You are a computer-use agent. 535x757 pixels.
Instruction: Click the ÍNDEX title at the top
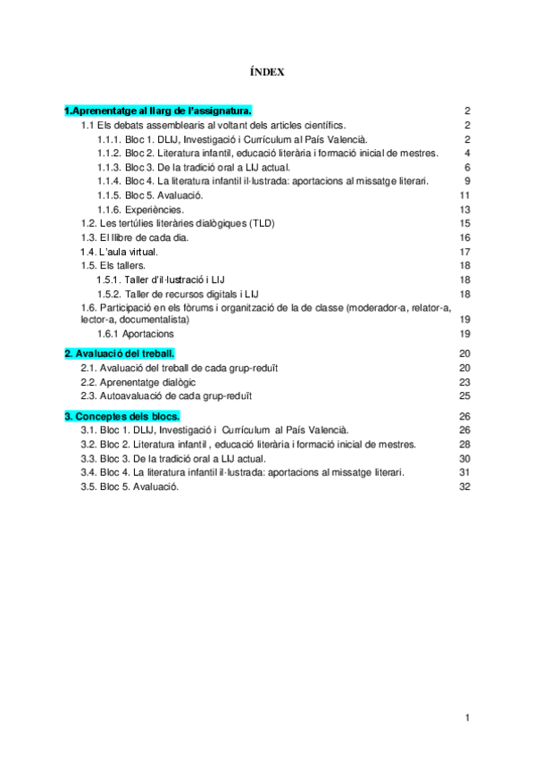pos(268,72)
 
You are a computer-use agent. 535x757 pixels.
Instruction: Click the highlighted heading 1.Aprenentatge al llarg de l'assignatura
pos(158,111)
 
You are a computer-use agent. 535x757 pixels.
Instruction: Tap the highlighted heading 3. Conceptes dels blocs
pos(122,416)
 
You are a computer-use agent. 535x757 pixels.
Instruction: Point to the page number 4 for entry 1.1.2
pos(467,153)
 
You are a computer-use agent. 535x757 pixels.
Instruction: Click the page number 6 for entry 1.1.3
pos(467,167)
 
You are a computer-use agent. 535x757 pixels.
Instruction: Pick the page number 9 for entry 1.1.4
pos(467,180)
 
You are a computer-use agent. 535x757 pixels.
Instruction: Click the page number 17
pos(464,252)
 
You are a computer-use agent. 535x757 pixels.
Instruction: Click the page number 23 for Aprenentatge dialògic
pos(464,382)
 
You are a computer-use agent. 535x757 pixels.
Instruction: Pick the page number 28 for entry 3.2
pos(464,444)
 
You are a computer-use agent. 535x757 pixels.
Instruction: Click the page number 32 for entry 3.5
pos(464,487)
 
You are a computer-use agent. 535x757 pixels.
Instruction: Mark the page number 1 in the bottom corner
pos(467,718)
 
